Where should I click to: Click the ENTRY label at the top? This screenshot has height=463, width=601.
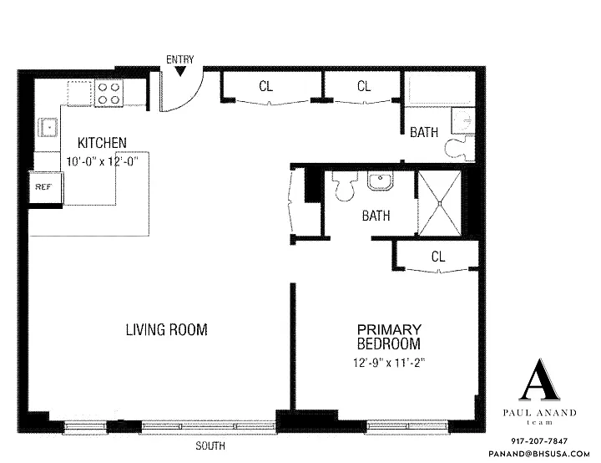pyautogui.click(x=179, y=60)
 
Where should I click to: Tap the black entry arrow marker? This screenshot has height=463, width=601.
pyautogui.click(x=180, y=71)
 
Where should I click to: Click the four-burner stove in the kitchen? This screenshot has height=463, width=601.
pyautogui.click(x=109, y=93)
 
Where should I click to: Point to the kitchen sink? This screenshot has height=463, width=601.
pyautogui.click(x=48, y=128)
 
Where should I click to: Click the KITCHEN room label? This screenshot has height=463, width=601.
pyautogui.click(x=102, y=143)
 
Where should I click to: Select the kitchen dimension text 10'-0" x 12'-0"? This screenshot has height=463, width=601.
pyautogui.click(x=102, y=160)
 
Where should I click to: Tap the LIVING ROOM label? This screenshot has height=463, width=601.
pyautogui.click(x=167, y=330)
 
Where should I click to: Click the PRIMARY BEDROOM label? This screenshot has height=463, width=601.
pyautogui.click(x=389, y=337)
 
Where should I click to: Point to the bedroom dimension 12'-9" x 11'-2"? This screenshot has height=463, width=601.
pyautogui.click(x=390, y=363)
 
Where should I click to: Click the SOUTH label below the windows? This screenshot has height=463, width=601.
pyautogui.click(x=210, y=446)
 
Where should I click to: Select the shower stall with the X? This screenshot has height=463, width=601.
pyautogui.click(x=439, y=203)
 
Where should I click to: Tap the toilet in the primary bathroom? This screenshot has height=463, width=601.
pyautogui.click(x=345, y=186)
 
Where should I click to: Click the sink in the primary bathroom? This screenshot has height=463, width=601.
pyautogui.click(x=381, y=181)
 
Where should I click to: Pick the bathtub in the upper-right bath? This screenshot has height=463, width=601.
pyautogui.click(x=441, y=90)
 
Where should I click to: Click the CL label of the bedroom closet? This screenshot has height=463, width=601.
pyautogui.click(x=438, y=257)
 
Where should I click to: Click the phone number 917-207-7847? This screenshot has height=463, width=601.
pyautogui.click(x=539, y=441)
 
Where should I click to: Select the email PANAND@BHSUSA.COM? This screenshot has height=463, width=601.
pyautogui.click(x=539, y=454)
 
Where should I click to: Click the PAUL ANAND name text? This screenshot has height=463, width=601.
pyautogui.click(x=540, y=413)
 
